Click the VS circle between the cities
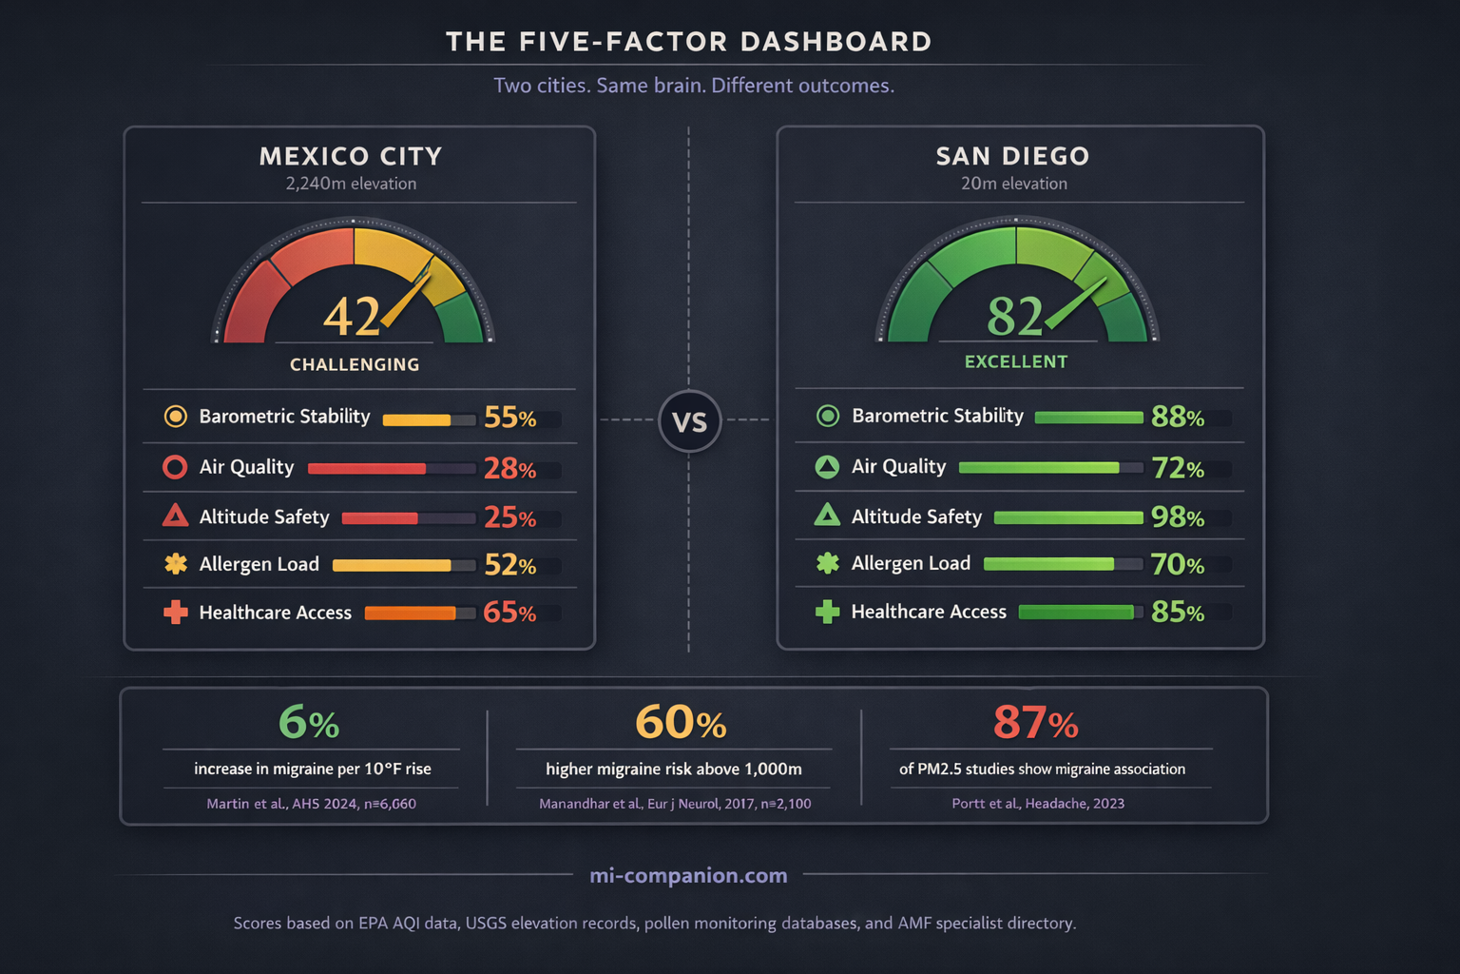[x=689, y=420]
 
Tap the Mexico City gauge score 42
[x=352, y=317]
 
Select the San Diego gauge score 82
[x=1014, y=317]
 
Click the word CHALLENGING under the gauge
[x=355, y=364]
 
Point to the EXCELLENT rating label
[x=1016, y=361]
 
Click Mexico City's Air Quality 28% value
[x=509, y=468]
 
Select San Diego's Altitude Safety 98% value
[x=1177, y=516]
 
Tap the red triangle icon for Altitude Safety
[x=175, y=516]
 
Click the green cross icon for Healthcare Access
[x=827, y=612]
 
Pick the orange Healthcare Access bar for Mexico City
[x=410, y=614]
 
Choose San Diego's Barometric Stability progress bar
[x=1088, y=417]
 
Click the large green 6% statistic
[x=309, y=723]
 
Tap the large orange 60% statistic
[x=680, y=723]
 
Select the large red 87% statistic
[x=1035, y=723]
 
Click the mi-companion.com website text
[x=688, y=875]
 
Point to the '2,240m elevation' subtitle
[x=351, y=184]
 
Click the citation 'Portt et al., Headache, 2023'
[x=1038, y=804]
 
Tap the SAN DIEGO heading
[x=1012, y=156]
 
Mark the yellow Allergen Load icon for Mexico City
[x=176, y=564]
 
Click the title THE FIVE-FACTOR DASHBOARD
[x=689, y=42]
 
